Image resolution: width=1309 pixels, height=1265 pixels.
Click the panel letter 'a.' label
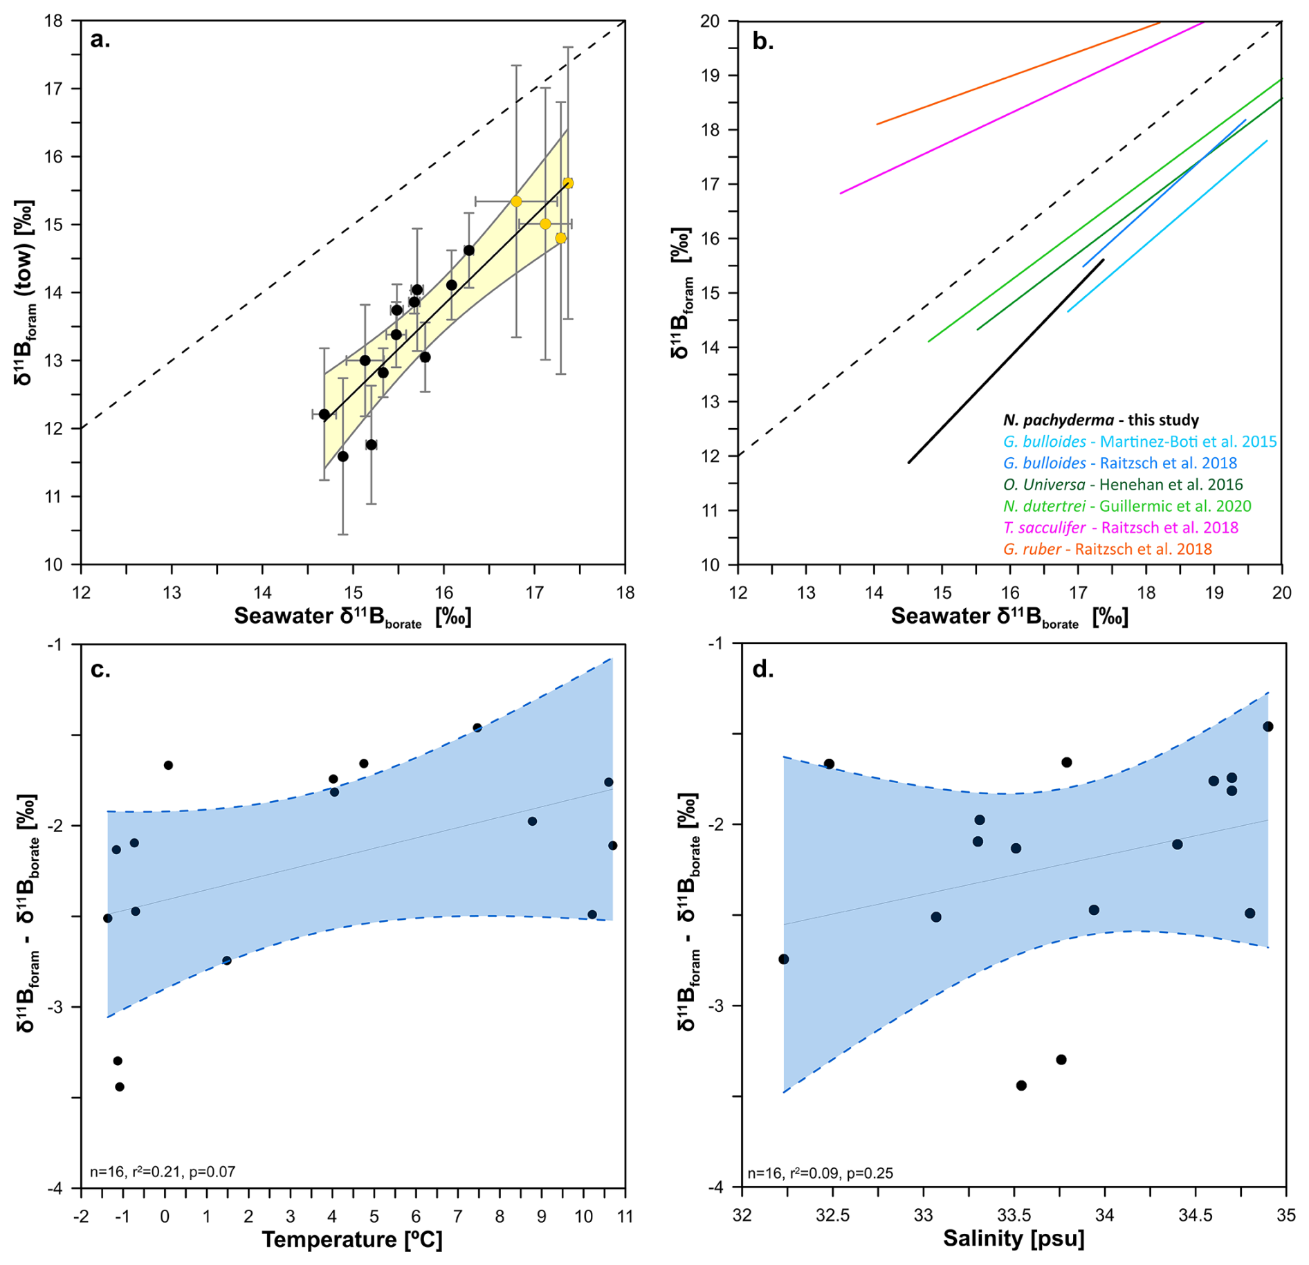[x=100, y=40]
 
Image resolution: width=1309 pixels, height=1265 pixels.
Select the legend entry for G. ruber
[x=1107, y=549]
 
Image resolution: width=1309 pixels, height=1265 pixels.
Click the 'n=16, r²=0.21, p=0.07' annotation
[x=163, y=1172]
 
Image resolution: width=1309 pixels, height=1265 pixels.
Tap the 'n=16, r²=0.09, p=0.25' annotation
[x=820, y=1173]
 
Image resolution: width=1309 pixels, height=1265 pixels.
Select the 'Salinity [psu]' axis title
[x=1013, y=1239]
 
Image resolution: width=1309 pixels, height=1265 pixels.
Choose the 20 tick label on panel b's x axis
[x=1281, y=593]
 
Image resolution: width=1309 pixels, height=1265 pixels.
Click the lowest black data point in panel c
[x=120, y=1087]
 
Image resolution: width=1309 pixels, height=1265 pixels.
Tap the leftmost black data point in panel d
[x=783, y=959]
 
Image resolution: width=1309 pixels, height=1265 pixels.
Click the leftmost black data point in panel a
[x=324, y=414]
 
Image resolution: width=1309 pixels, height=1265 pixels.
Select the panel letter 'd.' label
[x=762, y=670]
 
